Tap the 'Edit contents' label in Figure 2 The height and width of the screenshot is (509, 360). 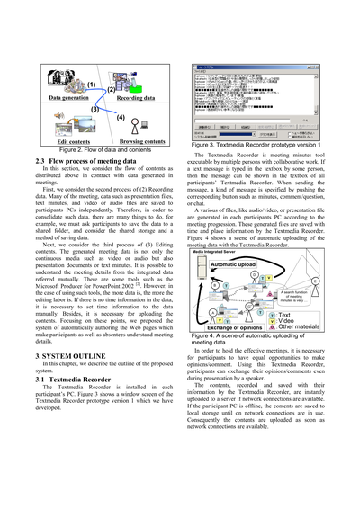coord(74,141)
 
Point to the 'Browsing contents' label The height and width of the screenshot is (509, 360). coord(141,141)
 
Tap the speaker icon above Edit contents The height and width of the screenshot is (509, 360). coord(75,126)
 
